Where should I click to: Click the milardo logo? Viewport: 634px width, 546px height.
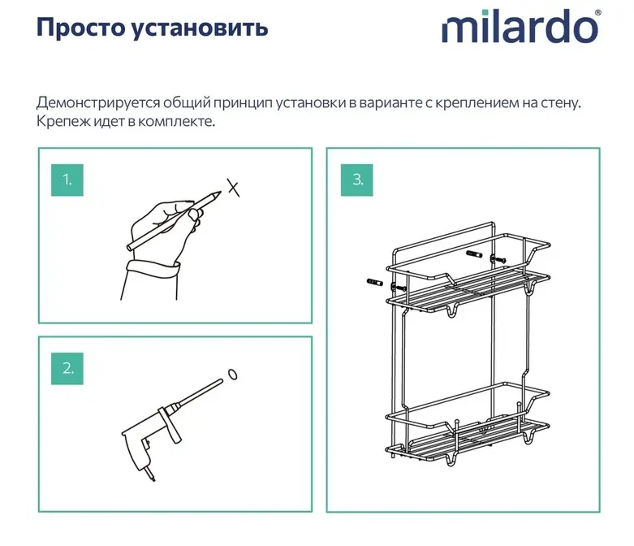pos(520,27)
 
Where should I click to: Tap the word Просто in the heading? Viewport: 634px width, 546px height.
pos(81,28)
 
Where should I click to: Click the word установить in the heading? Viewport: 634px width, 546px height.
pos(201,28)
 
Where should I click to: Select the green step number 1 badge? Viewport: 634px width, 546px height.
pos(67,180)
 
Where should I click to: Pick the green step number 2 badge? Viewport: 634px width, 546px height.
pos(67,368)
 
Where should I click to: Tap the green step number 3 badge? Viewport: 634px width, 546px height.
pos(356,180)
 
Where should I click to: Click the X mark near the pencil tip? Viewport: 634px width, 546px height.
pos(233,188)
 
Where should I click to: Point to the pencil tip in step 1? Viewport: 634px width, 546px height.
pos(219,193)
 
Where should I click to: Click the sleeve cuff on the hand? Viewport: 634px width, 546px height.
pos(153,268)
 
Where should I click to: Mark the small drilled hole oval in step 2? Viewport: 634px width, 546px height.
pos(232,375)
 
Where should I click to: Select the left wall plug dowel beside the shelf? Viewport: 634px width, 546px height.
pos(375,282)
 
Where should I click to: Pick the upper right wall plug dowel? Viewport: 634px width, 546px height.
pos(474,254)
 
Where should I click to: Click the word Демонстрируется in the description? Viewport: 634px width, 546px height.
pos(98,103)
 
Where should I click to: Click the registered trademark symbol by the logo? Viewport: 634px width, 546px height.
pos(598,12)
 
